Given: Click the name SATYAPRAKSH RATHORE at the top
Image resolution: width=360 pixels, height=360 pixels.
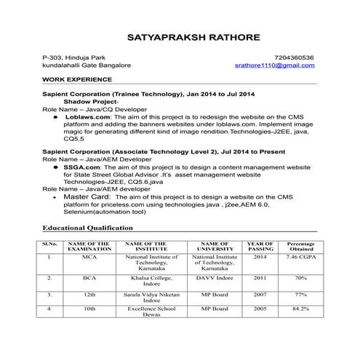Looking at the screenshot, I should click(180, 36).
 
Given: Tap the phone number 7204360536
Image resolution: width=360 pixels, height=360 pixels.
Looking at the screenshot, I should click(295, 57).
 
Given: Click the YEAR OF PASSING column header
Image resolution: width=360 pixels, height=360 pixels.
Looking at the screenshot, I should click(260, 246).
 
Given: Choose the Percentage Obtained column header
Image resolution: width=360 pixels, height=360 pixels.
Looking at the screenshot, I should click(300, 246).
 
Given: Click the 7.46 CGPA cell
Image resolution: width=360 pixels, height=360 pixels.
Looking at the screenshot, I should click(300, 257).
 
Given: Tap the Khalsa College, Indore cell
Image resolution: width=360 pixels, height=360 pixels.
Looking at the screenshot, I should click(151, 281).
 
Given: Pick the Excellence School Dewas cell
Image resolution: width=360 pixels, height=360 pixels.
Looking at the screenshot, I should click(151, 312).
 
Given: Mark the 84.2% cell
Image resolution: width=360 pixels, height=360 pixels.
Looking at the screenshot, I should click(300, 309).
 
